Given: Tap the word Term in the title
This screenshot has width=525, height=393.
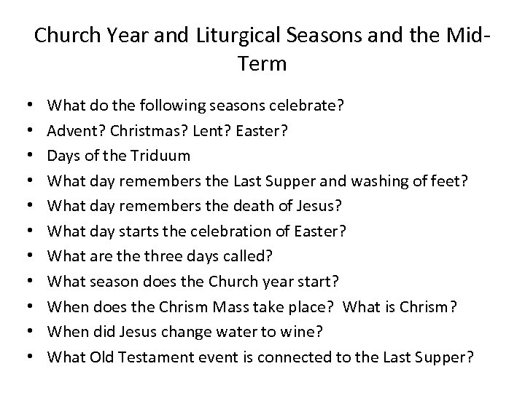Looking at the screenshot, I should [262, 63].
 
